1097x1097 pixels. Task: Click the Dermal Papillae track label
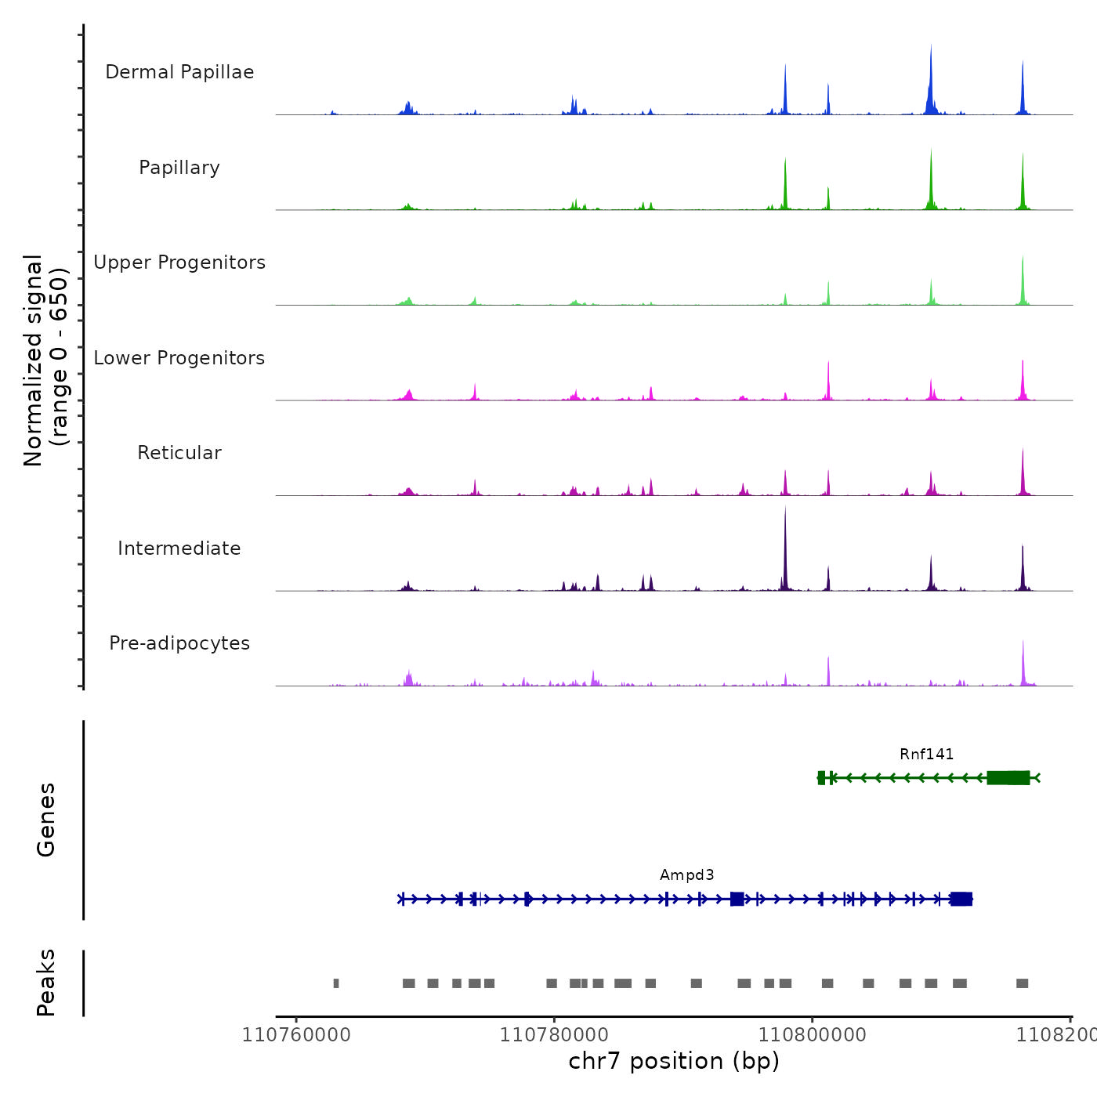coord(179,72)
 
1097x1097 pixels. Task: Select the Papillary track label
coord(179,168)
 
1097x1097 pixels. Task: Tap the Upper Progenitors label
coord(179,262)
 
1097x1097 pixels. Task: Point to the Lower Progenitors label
coord(179,358)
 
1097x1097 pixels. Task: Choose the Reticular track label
coord(179,453)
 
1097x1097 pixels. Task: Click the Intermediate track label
coord(179,548)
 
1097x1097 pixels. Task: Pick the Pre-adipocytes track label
coord(179,643)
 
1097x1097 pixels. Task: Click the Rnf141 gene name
coord(926,754)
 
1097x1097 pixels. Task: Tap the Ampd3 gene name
coord(686,874)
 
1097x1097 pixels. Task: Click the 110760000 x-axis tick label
coord(296,1035)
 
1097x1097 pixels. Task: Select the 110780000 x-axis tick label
coord(554,1035)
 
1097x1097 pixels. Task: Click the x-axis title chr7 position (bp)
coord(674,1061)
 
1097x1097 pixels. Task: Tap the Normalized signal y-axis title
coord(45,360)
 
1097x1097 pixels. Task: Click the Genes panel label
coord(46,820)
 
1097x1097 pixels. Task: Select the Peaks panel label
coord(46,983)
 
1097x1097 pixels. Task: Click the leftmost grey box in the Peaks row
coord(336,983)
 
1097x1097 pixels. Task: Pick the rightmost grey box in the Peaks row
coord(1022,983)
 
